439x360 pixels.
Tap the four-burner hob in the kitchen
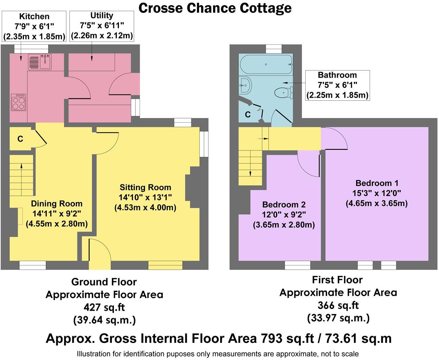pos(19,102)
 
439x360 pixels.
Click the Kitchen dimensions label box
pos(34,26)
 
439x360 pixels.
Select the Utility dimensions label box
pos(102,26)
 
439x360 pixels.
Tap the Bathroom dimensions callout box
pos(337,85)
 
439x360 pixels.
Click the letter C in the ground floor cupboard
pos(20,139)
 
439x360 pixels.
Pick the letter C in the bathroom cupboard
pos(248,115)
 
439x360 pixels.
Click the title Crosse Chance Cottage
pos(215,8)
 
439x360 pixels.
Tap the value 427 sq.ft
pos(104,307)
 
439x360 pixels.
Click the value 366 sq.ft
pos(338,305)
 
